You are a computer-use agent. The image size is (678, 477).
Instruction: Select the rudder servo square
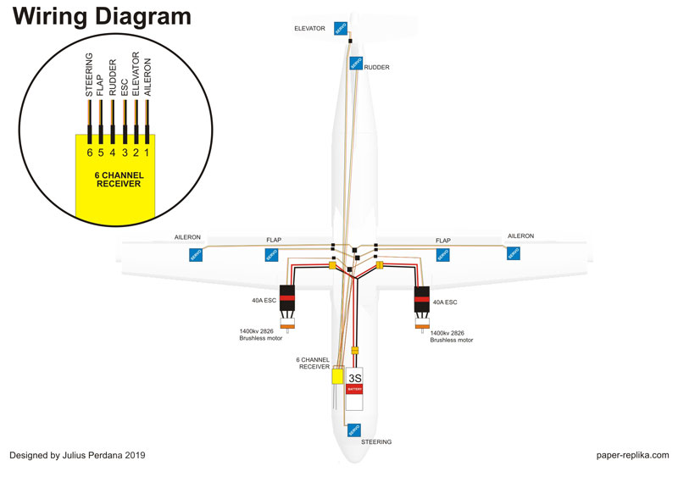(x=356, y=63)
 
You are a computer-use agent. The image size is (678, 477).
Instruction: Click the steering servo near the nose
(x=353, y=430)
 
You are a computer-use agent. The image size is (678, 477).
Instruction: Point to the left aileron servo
(x=195, y=254)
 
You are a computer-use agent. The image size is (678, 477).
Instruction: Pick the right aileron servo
(x=512, y=254)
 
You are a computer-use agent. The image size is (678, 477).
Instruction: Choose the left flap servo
(x=272, y=254)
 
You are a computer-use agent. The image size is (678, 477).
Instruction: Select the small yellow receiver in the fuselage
(x=337, y=375)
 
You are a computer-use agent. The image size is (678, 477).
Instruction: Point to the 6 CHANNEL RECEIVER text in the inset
(x=119, y=179)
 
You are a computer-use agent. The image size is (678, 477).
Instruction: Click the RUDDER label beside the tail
(x=377, y=67)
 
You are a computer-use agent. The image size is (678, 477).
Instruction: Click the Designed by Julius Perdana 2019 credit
(x=77, y=455)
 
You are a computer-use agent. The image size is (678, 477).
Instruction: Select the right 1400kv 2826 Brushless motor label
(x=451, y=336)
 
